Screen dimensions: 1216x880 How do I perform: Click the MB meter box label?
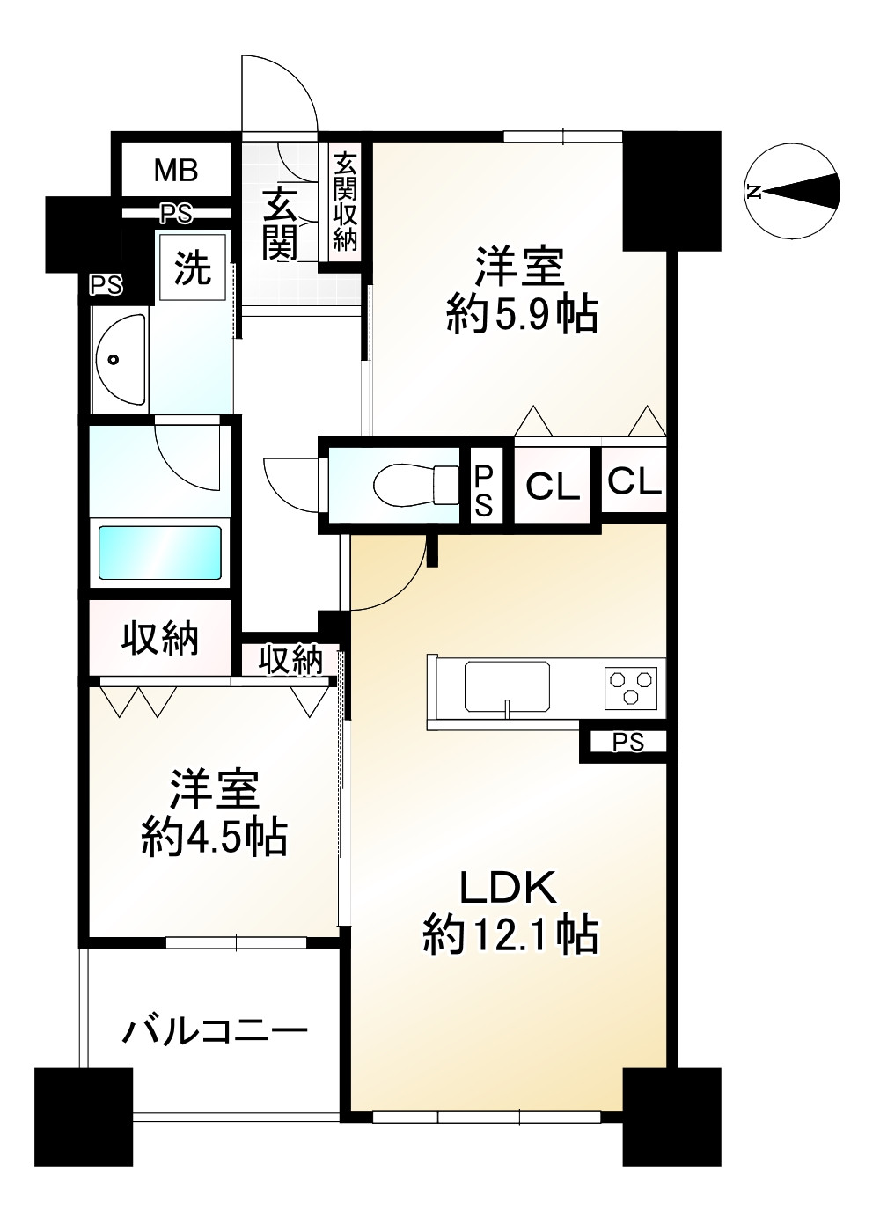click(x=176, y=170)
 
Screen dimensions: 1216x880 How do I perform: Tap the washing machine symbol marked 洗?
click(x=193, y=267)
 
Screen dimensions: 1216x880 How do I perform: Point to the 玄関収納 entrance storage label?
click(x=345, y=201)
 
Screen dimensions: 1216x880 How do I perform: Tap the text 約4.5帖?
click(x=215, y=837)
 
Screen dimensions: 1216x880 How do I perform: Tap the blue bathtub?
click(x=159, y=553)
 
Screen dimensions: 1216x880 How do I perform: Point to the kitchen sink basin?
click(x=508, y=686)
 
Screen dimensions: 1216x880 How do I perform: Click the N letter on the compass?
click(x=754, y=191)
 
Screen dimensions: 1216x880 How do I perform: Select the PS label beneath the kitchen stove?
click(x=628, y=743)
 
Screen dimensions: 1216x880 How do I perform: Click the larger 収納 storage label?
click(x=159, y=638)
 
